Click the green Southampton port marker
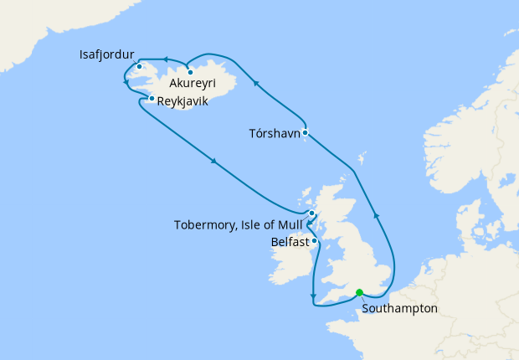click(359, 292)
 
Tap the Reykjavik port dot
click(151, 99)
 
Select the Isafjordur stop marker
click(140, 66)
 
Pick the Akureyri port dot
click(191, 71)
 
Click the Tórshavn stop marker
click(306, 132)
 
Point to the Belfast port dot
click(314, 241)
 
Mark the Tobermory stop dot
click(311, 213)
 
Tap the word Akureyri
click(195, 85)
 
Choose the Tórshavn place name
click(273, 132)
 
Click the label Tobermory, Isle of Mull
click(237, 225)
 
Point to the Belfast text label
click(290, 242)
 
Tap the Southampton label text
click(399, 308)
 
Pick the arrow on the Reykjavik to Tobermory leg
click(216, 162)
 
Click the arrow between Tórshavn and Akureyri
click(257, 83)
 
